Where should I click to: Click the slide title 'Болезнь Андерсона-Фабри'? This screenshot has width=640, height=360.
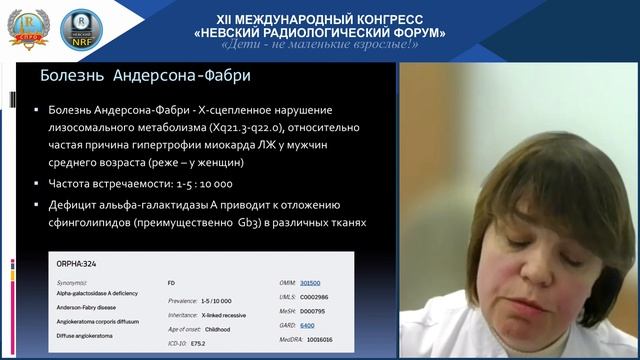tap(143, 75)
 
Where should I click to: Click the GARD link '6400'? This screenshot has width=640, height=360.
tap(307, 325)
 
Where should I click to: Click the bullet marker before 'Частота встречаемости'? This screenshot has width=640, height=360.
tap(37, 184)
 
